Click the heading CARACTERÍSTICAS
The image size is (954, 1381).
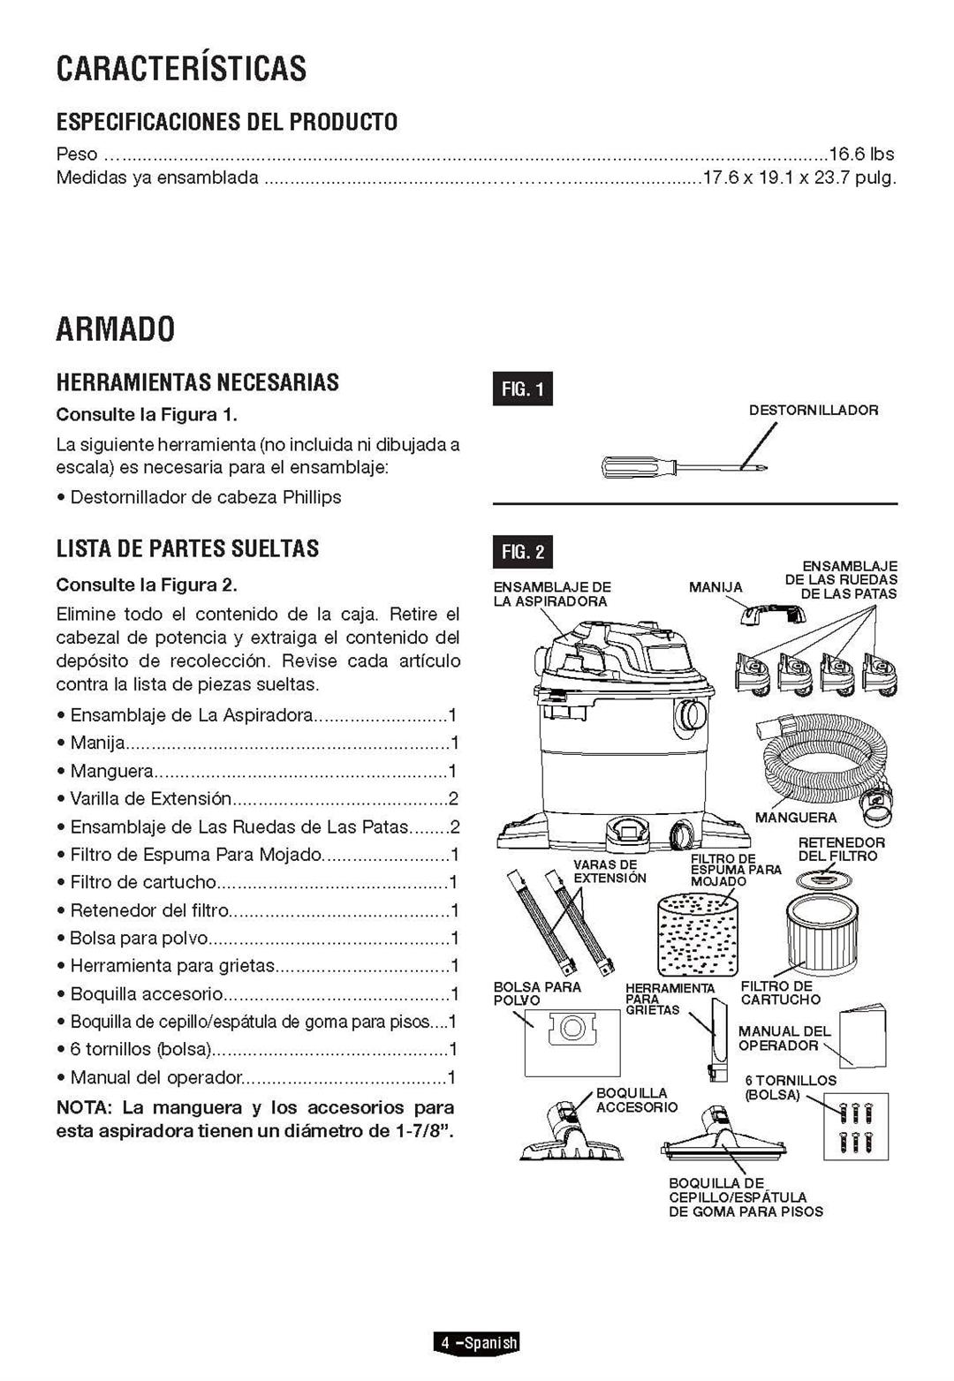point(181,69)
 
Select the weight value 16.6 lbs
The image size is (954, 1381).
point(860,154)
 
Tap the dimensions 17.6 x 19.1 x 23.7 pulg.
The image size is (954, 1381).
point(799,177)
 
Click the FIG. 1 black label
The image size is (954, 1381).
point(522,389)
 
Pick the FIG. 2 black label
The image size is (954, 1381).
point(522,553)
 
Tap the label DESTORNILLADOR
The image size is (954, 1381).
point(813,411)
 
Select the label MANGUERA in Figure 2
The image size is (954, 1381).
point(795,818)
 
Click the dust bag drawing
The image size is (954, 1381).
point(572,1042)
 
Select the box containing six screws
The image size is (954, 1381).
point(855,1126)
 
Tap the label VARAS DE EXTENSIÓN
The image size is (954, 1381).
point(609,872)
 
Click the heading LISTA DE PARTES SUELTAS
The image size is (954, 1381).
point(187,548)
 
